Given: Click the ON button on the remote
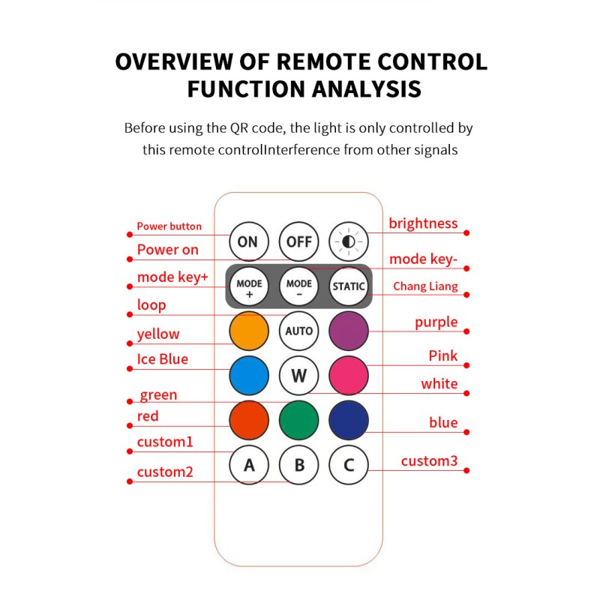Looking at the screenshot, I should (248, 241).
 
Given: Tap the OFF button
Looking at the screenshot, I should (299, 241).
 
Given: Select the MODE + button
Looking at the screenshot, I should (249, 287).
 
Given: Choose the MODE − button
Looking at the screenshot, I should (299, 287).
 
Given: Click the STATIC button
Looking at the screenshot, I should (349, 286).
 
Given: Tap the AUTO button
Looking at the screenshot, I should (299, 331).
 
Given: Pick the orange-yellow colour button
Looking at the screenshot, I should (249, 331).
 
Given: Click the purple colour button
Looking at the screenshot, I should (349, 331).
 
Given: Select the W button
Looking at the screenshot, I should (299, 376).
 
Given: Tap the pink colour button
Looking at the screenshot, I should (349, 376).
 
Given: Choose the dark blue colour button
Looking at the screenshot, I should (349, 420).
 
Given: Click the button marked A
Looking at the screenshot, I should (249, 465).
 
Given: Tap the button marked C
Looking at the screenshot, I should (349, 465).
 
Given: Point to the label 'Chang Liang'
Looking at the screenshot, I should (425, 286).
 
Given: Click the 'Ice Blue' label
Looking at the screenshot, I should (162, 359).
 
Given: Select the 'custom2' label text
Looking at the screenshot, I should (165, 472).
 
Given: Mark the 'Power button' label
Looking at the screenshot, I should (169, 226).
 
